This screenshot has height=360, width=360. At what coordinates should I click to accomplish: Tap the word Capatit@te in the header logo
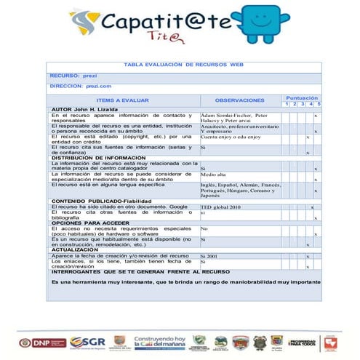tap(164, 22)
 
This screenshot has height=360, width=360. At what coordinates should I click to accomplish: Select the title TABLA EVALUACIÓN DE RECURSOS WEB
tap(183, 65)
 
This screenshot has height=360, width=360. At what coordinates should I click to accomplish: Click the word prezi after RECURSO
tap(92, 76)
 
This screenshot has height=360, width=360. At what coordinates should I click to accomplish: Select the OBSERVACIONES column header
tap(240, 100)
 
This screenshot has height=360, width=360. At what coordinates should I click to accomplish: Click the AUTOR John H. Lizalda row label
tap(86, 108)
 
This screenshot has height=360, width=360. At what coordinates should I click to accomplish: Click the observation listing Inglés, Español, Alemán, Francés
tap(240, 185)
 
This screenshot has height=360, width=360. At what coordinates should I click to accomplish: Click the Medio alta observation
tap(214, 175)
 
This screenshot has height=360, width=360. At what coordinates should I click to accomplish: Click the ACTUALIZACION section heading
tap(76, 249)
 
